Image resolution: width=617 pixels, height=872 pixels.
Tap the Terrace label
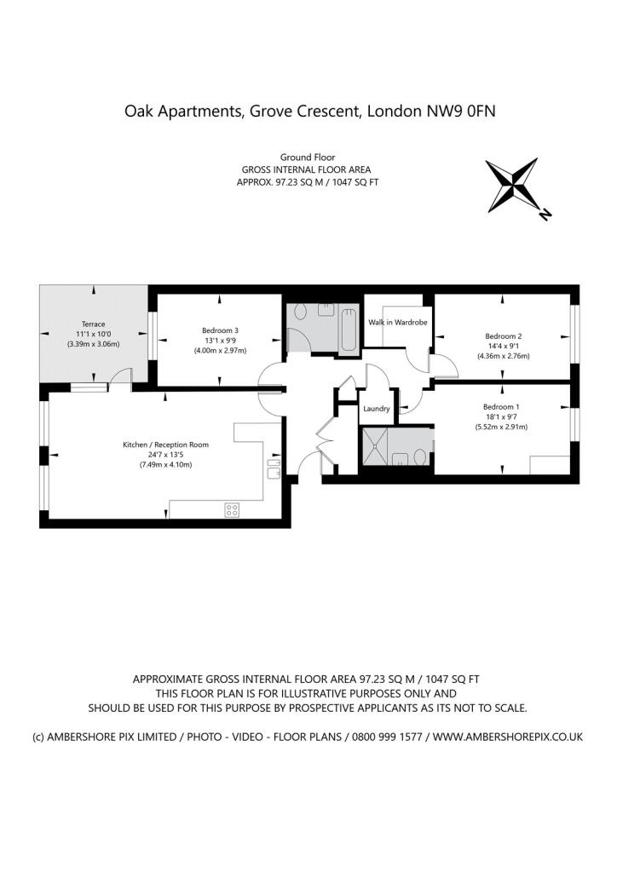(x=93, y=324)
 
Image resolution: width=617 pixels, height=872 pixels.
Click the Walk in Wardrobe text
(x=397, y=322)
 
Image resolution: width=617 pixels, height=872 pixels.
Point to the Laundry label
(x=376, y=409)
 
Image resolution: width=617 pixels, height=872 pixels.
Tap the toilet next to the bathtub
(x=297, y=314)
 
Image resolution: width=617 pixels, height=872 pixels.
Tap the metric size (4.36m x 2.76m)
(x=503, y=356)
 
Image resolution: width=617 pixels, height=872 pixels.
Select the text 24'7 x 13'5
(x=165, y=455)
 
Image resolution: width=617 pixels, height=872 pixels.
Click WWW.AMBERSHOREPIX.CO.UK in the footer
(x=507, y=736)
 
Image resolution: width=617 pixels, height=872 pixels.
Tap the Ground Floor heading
(x=308, y=158)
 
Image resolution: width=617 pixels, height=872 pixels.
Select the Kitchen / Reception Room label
(x=165, y=445)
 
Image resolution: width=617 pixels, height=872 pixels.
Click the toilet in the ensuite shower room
(x=419, y=456)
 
